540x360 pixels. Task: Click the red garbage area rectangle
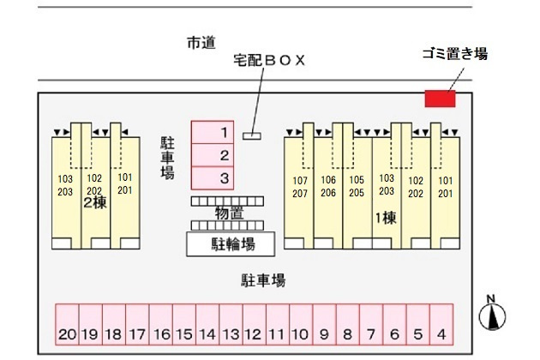(x=440, y=99)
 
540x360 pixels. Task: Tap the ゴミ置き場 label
(x=455, y=54)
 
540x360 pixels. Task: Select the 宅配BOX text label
(x=269, y=60)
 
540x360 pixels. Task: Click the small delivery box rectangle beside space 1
(x=252, y=136)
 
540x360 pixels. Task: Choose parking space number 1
(x=213, y=132)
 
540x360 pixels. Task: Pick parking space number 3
(x=213, y=178)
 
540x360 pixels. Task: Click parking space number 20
(x=67, y=324)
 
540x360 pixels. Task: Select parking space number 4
(x=441, y=324)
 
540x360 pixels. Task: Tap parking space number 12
(x=255, y=324)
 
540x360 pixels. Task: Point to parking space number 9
(x=324, y=324)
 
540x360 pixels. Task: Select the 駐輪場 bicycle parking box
(x=231, y=244)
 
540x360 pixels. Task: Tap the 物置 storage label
(x=230, y=213)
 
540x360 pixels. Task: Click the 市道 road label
(x=201, y=43)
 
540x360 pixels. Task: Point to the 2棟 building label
(x=95, y=203)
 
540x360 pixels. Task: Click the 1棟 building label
(x=386, y=218)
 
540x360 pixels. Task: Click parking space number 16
(x=161, y=324)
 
